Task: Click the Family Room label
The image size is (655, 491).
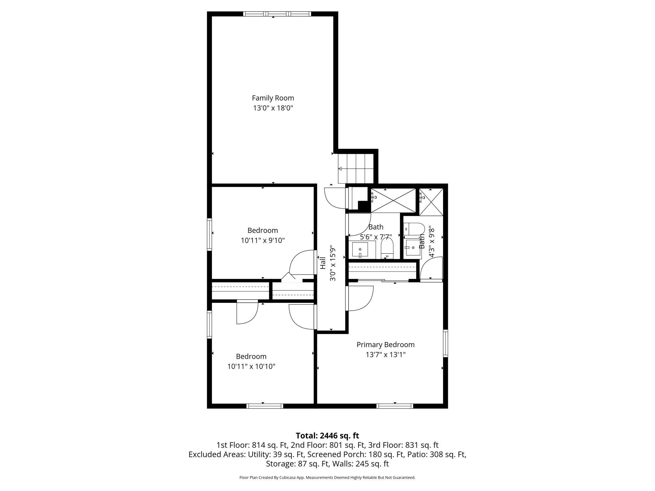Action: (273, 98)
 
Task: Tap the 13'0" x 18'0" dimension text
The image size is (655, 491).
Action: (273, 108)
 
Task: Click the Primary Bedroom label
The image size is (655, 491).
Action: (385, 345)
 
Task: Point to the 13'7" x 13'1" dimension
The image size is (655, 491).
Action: (385, 355)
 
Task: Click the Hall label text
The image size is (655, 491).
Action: (323, 263)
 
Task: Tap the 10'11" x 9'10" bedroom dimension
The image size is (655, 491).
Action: (263, 240)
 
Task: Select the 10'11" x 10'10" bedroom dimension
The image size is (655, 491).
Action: (251, 366)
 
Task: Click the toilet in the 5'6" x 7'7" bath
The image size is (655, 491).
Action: (387, 249)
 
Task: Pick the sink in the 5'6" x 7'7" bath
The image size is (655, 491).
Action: (360, 250)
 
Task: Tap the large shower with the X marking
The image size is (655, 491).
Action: (393, 200)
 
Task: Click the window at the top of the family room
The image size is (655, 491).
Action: (277, 14)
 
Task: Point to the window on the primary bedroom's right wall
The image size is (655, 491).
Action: (445, 343)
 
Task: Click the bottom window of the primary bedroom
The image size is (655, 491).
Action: (395, 406)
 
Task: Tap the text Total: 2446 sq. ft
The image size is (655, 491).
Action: (327, 436)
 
